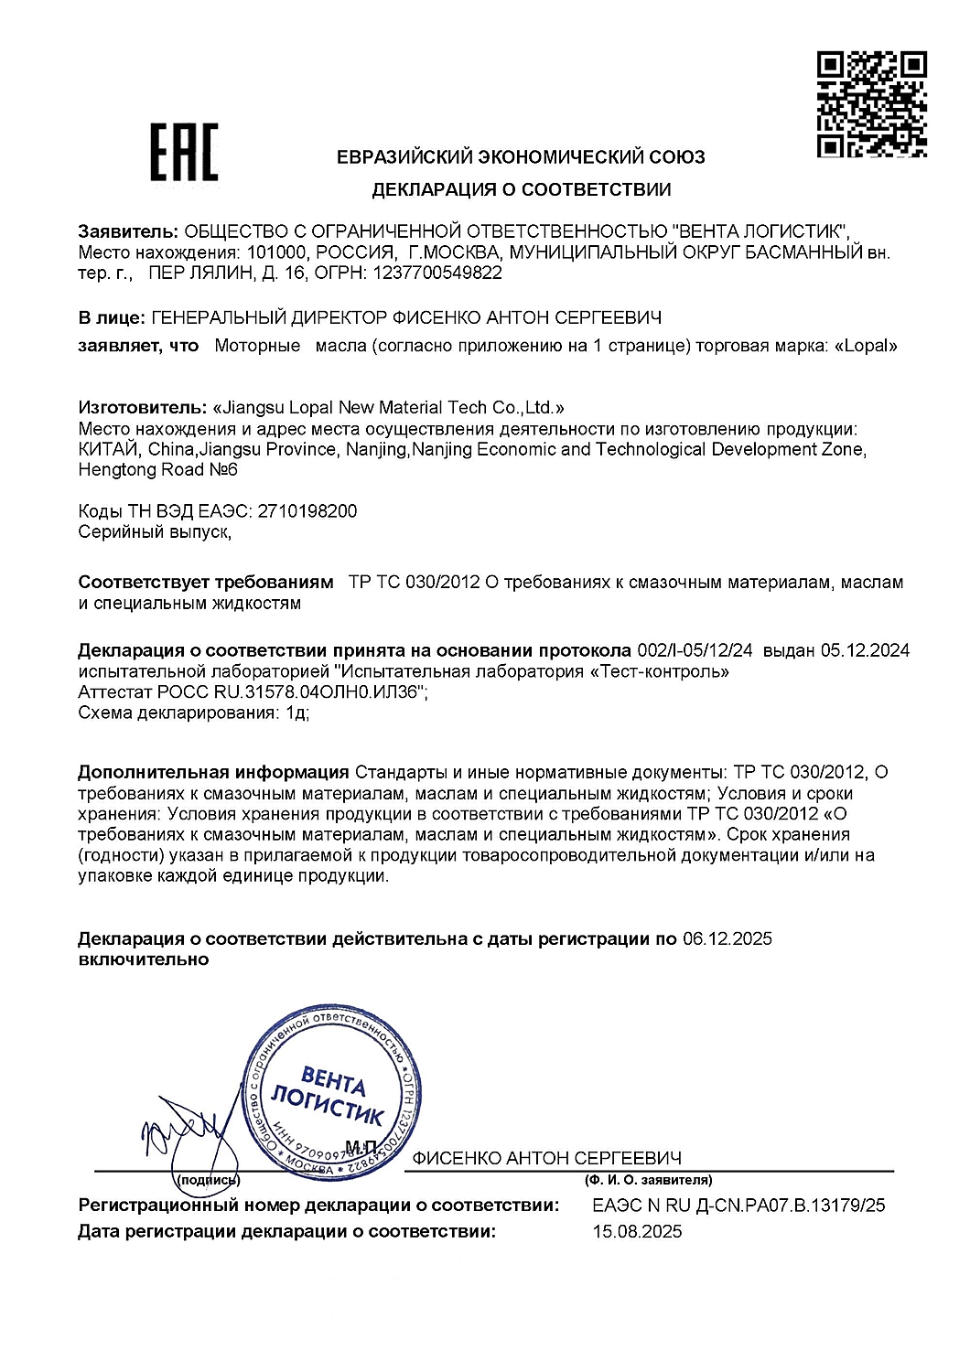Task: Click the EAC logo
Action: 184,153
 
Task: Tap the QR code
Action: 871,104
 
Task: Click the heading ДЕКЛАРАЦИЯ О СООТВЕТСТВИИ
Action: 521,190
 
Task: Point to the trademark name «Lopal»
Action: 866,346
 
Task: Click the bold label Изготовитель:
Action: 142,407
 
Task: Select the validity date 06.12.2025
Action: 727,938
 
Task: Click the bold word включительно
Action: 144,959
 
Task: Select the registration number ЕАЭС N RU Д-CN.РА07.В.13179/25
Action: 738,1206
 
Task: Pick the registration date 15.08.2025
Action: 637,1232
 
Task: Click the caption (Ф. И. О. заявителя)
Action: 648,1180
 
